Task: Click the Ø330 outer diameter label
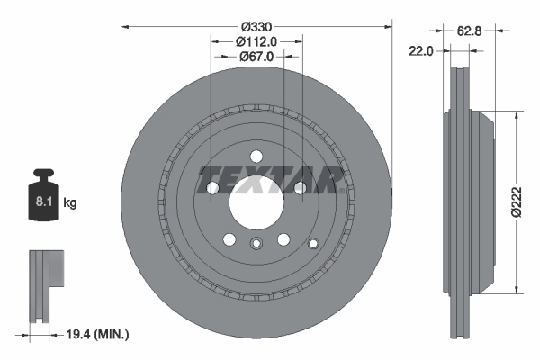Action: point(256,25)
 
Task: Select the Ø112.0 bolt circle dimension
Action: point(256,40)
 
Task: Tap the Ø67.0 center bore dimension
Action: point(256,56)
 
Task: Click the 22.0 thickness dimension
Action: point(421,51)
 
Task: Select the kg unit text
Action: point(70,203)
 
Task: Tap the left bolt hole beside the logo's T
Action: point(213,188)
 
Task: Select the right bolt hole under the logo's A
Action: point(300,188)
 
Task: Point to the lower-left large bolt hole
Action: point(229,239)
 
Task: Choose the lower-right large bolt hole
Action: point(283,239)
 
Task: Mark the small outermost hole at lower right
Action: point(312,243)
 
